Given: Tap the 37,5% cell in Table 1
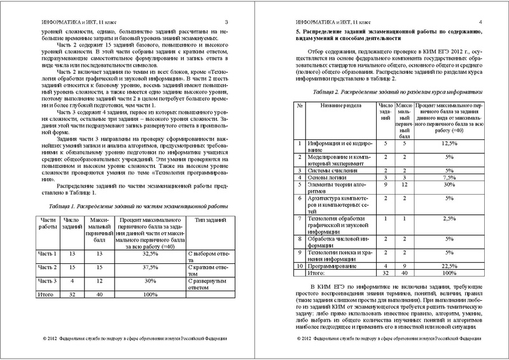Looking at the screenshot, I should (147, 267).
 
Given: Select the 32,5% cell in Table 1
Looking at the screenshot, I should (147, 253).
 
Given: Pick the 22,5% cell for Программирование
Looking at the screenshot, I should (449, 264).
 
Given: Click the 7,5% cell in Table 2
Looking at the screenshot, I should (449, 177).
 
